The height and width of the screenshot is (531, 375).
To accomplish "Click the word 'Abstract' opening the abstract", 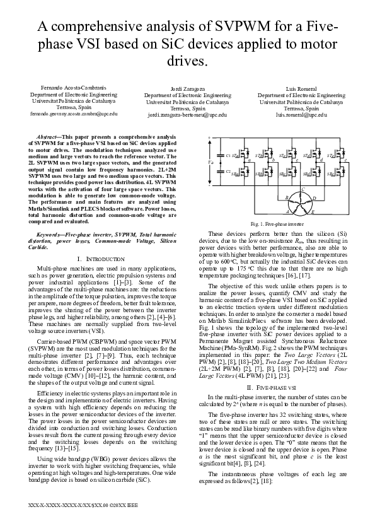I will pyautogui.click(x=49, y=136).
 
